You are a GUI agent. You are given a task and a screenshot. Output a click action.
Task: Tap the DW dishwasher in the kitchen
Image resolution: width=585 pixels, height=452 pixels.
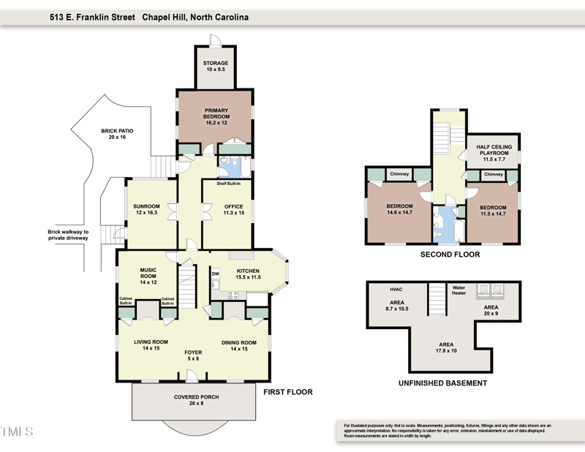pos(215,274)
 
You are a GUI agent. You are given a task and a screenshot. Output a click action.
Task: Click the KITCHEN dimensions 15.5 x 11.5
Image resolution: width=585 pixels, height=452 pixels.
pos(248,278)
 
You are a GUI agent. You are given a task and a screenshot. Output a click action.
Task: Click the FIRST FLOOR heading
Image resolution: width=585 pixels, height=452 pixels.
pos(287,392)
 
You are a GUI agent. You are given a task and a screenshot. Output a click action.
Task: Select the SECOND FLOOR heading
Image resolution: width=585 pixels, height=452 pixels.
pos(450,255)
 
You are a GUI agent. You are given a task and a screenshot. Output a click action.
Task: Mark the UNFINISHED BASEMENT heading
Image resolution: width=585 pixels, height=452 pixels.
pos(442,383)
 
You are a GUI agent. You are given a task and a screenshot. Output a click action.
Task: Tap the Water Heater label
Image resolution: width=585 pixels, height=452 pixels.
pos(458,290)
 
